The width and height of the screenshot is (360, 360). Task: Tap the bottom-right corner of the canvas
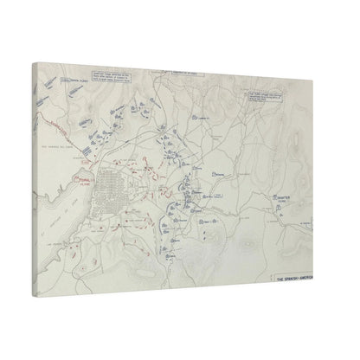pyautogui.click(x=325, y=286)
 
